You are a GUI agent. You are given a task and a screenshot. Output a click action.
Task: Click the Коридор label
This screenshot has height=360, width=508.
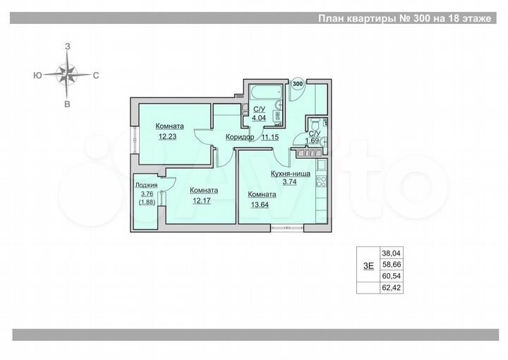pyautogui.click(x=240, y=137)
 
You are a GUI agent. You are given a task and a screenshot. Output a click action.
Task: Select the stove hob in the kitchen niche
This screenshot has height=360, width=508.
pyautogui.click(x=320, y=179)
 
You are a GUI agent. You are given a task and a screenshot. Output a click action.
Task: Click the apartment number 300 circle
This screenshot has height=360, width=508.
pyautogui.click(x=298, y=84)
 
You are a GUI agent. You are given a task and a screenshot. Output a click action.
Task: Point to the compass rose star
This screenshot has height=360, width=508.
pyautogui.click(x=67, y=73)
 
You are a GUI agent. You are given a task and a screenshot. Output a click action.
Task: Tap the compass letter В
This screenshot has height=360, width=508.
pyautogui.click(x=67, y=103)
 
